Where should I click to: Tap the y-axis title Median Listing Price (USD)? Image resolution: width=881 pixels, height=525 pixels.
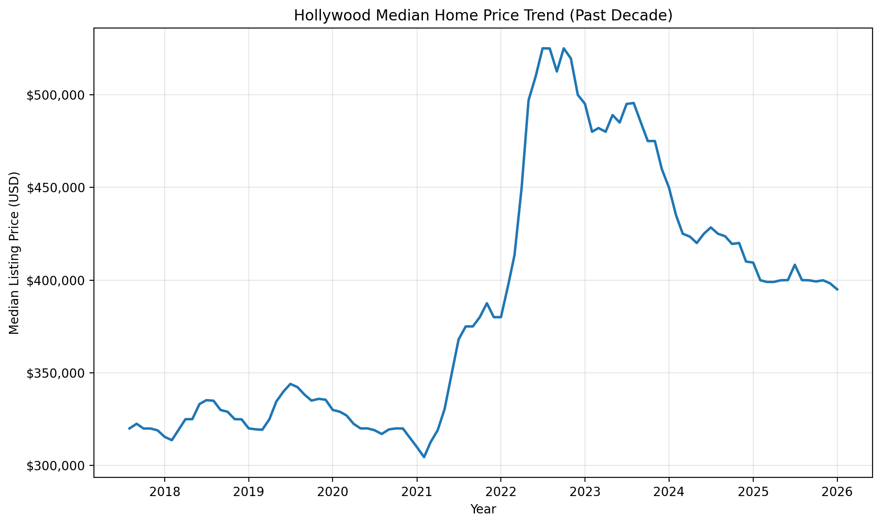coord(15,253)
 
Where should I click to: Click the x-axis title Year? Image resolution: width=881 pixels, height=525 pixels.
coord(483,509)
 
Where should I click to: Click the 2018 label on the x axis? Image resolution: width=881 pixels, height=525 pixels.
coord(165,492)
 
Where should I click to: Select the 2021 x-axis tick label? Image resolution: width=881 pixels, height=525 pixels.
coord(417,492)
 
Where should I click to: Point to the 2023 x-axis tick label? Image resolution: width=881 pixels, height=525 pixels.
coord(585,492)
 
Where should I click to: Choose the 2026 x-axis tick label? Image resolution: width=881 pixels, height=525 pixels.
coord(837,492)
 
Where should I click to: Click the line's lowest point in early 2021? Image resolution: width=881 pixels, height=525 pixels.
coord(424,457)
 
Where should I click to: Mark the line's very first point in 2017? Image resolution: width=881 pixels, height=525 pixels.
coord(129,428)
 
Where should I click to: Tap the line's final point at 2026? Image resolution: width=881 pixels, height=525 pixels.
coord(837,290)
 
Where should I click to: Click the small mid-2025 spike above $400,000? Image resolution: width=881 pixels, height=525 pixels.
coord(795,265)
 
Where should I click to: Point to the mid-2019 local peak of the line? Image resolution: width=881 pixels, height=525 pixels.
coord(290,384)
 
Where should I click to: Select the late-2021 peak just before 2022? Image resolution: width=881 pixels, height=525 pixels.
coord(487,303)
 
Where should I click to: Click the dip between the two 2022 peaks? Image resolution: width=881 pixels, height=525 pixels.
coord(557,71)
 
